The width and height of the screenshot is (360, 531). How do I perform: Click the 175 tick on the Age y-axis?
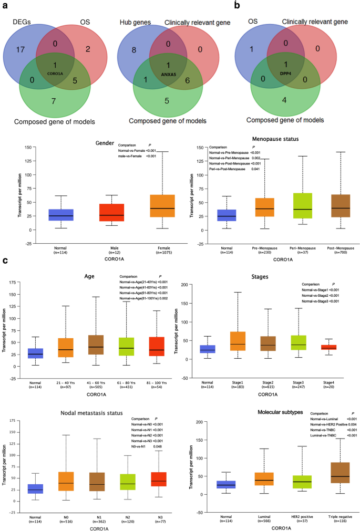tap(11, 283)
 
